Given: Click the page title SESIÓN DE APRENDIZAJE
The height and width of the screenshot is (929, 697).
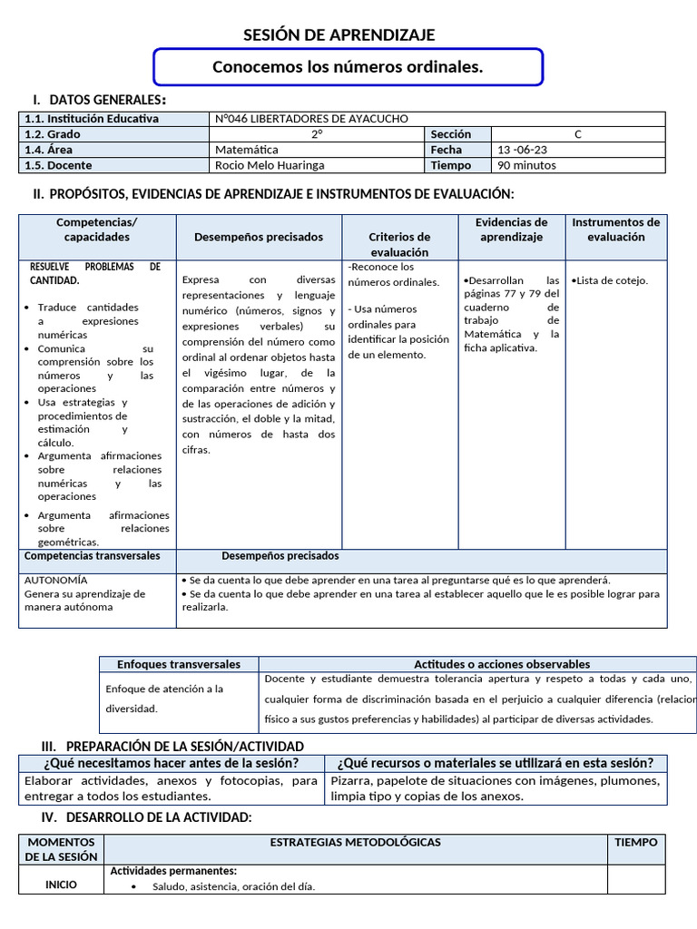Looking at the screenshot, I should pos(339,35).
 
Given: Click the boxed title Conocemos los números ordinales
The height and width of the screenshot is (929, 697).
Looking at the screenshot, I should pos(348,67).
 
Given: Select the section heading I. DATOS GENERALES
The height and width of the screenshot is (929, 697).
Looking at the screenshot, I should pos(99,100).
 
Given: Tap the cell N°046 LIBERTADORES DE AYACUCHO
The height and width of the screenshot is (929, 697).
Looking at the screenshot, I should pos(312,119).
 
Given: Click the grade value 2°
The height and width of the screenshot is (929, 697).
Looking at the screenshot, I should pos(318,134).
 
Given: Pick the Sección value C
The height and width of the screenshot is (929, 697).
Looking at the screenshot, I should pos(578,134).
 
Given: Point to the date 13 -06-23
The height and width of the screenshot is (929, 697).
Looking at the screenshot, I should pos(522,150).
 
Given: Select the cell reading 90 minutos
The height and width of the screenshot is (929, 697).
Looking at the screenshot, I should pos(526,165).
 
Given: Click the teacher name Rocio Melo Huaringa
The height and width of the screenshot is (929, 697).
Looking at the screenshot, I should pos(270,165).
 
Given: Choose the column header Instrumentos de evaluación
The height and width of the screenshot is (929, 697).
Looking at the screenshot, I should pos(615,230).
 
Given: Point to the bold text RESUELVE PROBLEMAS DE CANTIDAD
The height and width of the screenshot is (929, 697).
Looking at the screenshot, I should pos(94,273).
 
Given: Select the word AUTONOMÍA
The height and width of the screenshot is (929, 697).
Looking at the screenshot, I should pos(56,580).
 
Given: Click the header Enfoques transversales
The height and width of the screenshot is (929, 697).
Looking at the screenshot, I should pos(179,664).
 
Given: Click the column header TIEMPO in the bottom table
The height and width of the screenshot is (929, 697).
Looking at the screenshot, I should pos(635,842).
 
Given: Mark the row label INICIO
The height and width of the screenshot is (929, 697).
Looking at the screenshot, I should pos(63,885).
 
